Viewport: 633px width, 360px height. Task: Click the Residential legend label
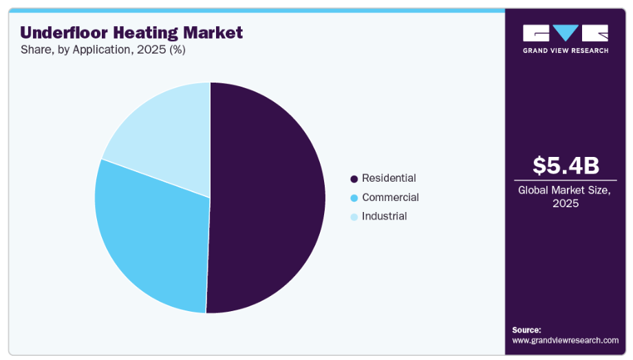[x=389, y=178]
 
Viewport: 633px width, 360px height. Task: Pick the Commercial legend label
[x=390, y=198]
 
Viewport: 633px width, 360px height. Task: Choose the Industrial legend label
[x=384, y=216]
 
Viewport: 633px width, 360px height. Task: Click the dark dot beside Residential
[x=354, y=179]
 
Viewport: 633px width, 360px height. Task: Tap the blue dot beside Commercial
[x=354, y=198]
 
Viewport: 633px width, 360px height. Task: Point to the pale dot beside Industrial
[x=354, y=217]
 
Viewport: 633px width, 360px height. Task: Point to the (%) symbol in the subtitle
[x=176, y=50]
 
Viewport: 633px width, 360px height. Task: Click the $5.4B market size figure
[x=566, y=165]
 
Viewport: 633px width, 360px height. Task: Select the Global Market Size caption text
[x=566, y=197]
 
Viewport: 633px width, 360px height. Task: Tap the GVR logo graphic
[x=566, y=33]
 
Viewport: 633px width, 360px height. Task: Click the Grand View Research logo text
[x=566, y=51]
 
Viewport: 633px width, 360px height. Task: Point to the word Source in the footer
[x=526, y=330]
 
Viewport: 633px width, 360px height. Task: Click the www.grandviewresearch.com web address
[x=565, y=340]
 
